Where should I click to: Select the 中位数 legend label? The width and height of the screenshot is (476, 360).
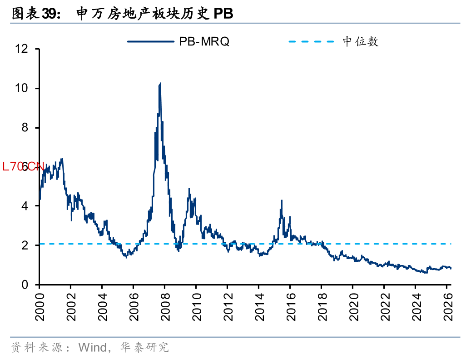(x=361, y=42)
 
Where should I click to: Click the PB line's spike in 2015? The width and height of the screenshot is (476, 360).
(x=282, y=200)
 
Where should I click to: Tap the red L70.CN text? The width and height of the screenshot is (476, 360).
(x=23, y=167)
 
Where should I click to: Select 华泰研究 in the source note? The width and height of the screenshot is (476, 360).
(x=144, y=348)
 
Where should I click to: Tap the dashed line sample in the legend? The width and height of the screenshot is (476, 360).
(x=312, y=42)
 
